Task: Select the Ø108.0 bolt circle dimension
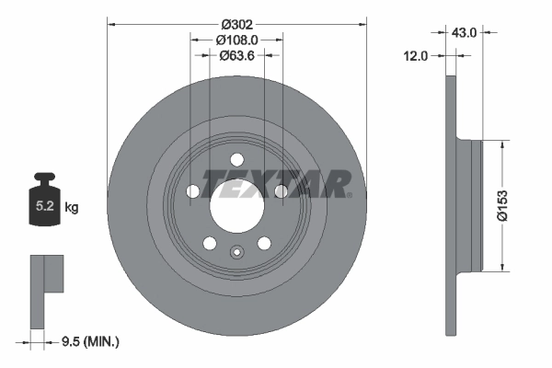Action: pos(236,40)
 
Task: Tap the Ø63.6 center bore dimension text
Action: pos(236,55)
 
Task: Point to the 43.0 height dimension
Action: pos(463,31)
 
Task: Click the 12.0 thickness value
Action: pos(417,56)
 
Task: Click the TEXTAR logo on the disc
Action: pos(276,184)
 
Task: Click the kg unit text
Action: pos(72,208)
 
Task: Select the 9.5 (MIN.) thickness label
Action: pos(89,342)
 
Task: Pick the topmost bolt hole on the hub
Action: pos(236,157)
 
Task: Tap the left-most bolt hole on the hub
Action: pos(192,191)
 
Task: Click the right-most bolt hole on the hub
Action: pos(281,191)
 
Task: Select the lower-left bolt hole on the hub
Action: pos(210,243)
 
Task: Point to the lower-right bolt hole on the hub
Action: pos(264,243)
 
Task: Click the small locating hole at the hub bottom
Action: pos(236,255)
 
